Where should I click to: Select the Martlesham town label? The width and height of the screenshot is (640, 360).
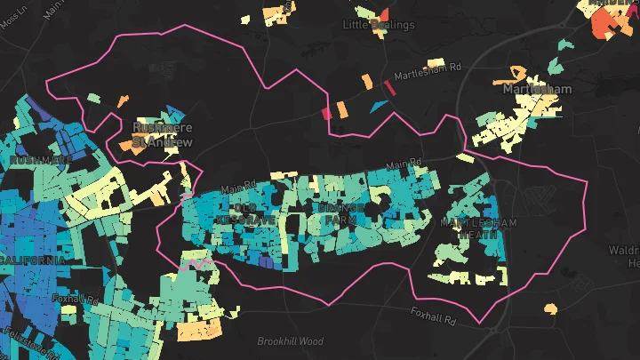point(537,90)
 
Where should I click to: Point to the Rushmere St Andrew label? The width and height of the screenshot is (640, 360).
point(162,133)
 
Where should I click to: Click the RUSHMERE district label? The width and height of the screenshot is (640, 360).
point(41,160)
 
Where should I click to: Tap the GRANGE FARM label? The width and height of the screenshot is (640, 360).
point(341,212)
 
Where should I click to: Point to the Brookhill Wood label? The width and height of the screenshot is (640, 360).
point(291,341)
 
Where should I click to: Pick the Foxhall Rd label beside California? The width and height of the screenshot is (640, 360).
point(74,299)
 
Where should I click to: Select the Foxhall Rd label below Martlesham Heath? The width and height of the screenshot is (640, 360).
point(433,314)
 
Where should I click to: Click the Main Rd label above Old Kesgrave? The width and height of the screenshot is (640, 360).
point(238,188)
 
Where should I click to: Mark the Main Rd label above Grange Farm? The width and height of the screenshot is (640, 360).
point(405,166)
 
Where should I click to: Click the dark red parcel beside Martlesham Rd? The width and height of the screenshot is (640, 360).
point(388,88)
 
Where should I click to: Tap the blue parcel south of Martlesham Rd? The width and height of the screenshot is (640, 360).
point(378,106)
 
